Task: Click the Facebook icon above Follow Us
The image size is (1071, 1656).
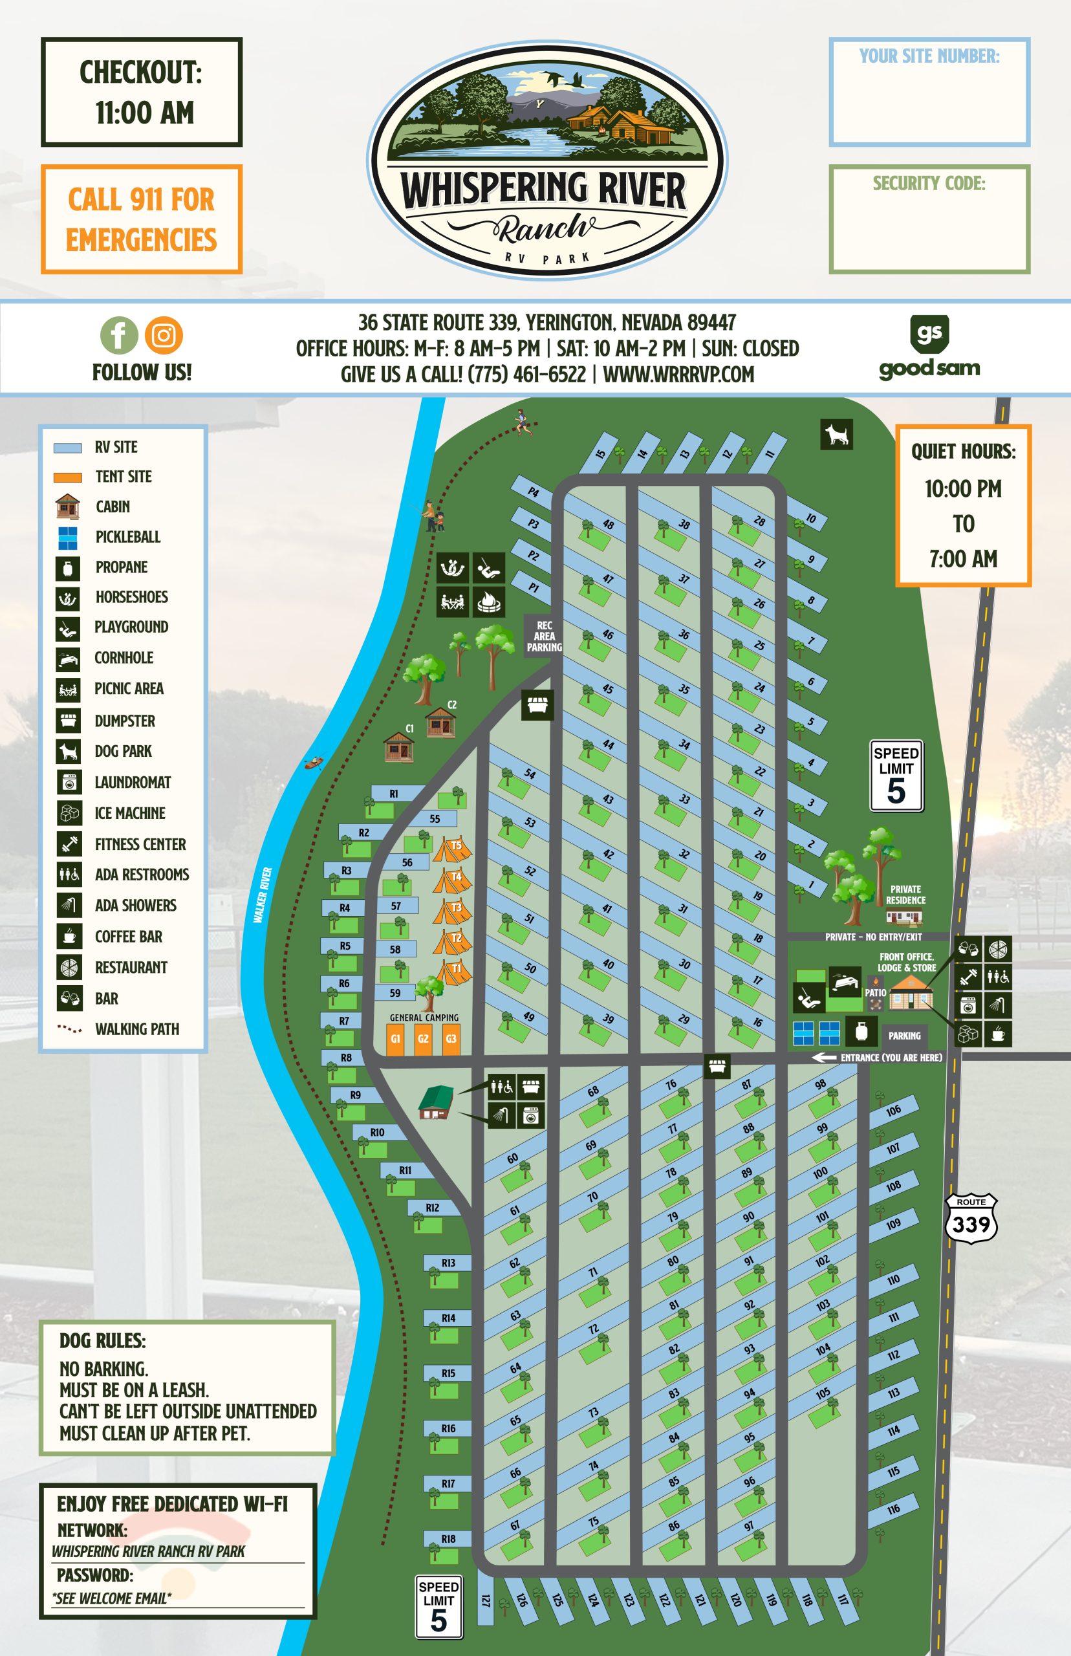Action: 119,335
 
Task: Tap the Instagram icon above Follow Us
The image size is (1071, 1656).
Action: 164,335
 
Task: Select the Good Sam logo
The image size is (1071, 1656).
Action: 929,348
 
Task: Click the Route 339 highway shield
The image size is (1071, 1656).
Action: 971,1219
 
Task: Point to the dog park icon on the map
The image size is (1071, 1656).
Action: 837,435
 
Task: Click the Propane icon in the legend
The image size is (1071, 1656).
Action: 67,567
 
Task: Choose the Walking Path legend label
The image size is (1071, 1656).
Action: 137,1029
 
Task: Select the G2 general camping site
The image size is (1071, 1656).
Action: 423,1038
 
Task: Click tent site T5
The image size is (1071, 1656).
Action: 453,849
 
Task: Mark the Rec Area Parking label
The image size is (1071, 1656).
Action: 544,636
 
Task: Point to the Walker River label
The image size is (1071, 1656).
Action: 262,895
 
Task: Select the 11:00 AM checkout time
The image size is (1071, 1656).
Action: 145,113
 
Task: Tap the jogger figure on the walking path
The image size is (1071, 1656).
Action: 521,422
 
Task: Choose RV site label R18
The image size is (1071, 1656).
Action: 449,1538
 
